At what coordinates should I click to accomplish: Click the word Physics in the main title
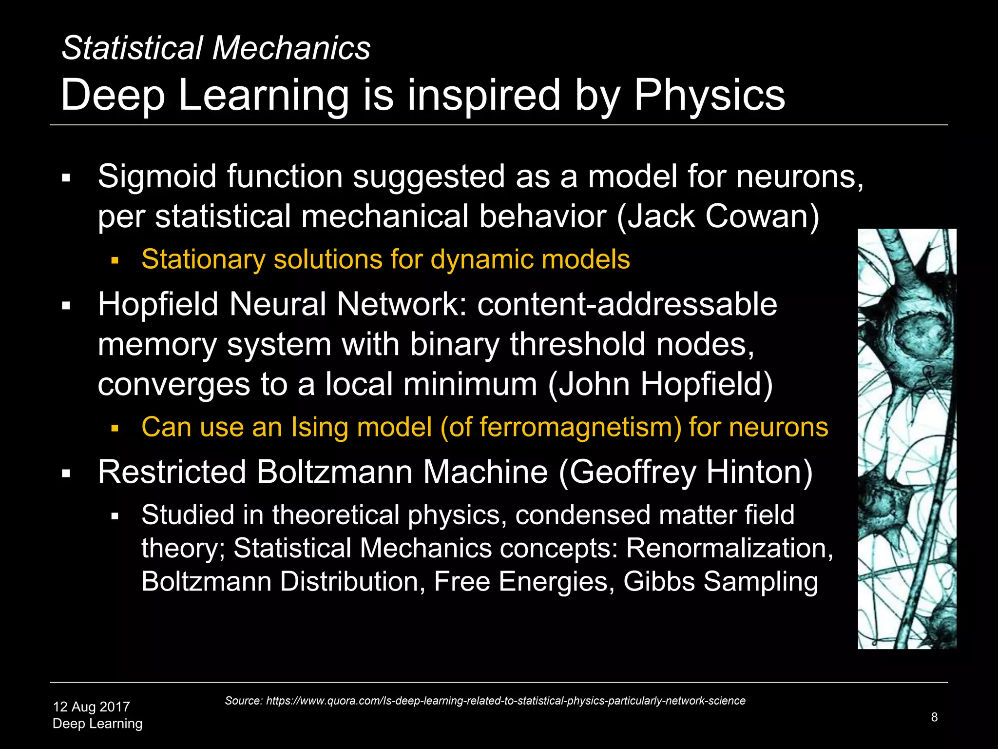pyautogui.click(x=709, y=96)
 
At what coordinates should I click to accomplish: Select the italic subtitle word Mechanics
pyautogui.click(x=291, y=48)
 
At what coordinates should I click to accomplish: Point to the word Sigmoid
pyautogui.click(x=157, y=177)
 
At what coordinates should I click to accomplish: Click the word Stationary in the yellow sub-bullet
pyautogui.click(x=203, y=259)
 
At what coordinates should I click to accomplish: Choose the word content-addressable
pyautogui.click(x=627, y=304)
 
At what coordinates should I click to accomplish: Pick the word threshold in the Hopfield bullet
pyautogui.click(x=578, y=344)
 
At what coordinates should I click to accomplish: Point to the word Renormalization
pyautogui.click(x=729, y=548)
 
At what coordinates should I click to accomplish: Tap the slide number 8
pyautogui.click(x=934, y=717)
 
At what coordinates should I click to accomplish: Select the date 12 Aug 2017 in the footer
pyautogui.click(x=91, y=707)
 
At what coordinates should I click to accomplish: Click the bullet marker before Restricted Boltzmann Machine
pyautogui.click(x=66, y=473)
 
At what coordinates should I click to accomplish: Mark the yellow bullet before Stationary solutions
pyautogui.click(x=115, y=260)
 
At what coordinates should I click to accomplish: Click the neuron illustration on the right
pyautogui.click(x=907, y=439)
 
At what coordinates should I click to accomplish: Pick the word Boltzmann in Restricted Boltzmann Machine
pyautogui.click(x=334, y=472)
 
